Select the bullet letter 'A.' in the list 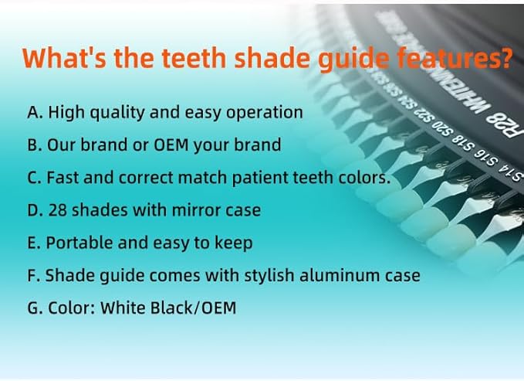tap(35, 112)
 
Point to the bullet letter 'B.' tap(35, 145)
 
